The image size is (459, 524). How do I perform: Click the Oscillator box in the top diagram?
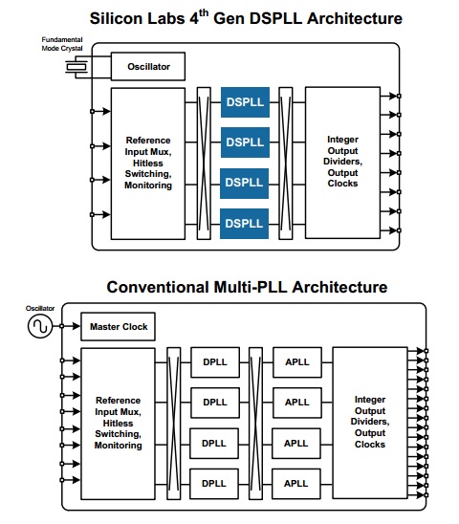click(x=148, y=66)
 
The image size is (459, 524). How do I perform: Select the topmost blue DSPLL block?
click(x=245, y=102)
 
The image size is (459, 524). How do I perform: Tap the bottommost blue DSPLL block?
click(x=244, y=224)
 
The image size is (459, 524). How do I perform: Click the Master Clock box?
click(x=118, y=326)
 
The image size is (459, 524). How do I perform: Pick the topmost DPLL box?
click(x=215, y=362)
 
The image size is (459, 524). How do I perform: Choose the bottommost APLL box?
click(x=296, y=484)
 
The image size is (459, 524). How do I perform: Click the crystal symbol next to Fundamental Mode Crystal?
click(x=76, y=67)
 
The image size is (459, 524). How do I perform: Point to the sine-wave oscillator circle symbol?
click(x=40, y=326)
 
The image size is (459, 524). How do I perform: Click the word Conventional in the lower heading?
click(x=158, y=287)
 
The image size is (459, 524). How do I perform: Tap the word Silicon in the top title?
click(x=116, y=18)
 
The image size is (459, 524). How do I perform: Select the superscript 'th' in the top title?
click(x=204, y=13)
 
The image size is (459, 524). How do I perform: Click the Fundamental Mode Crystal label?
click(x=62, y=44)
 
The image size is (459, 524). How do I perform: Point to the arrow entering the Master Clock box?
click(x=72, y=326)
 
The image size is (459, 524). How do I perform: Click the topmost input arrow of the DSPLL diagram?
click(x=102, y=111)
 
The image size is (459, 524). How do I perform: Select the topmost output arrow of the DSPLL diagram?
click(x=388, y=96)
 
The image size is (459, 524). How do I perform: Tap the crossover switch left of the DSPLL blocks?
click(x=204, y=164)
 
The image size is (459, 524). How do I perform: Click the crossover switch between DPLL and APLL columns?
click(x=255, y=423)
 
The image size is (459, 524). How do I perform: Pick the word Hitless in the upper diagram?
click(x=148, y=164)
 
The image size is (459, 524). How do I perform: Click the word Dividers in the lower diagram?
click(x=370, y=422)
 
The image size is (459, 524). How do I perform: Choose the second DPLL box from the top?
click(x=215, y=403)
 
